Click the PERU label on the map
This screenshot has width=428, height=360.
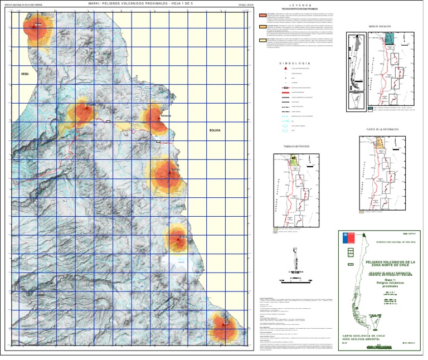click(x=24, y=73)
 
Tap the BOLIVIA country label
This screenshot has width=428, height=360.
click(x=215, y=130)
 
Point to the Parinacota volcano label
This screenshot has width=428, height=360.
click(x=166, y=116)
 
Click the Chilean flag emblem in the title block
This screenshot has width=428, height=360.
click(x=346, y=239)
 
